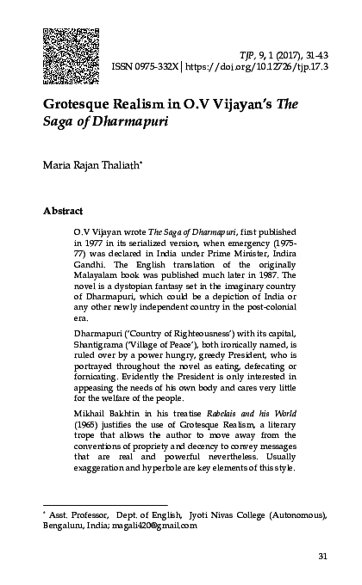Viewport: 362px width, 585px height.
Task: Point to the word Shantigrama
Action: point(105,358)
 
